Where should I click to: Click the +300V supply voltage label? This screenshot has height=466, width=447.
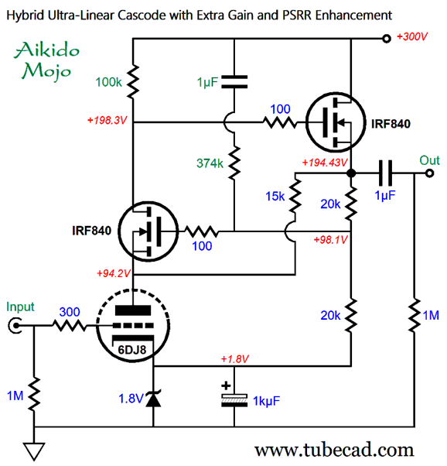point(412,37)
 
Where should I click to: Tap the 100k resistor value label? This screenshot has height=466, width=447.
point(108,82)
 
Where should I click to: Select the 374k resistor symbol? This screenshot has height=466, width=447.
point(234,163)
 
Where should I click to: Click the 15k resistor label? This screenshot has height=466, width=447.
point(275,196)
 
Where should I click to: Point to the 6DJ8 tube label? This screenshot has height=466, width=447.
point(132,350)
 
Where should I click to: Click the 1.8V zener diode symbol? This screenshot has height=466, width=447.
point(153,398)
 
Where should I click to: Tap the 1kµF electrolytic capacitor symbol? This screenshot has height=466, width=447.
point(234,397)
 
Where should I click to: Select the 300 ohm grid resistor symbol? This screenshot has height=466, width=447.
point(70,326)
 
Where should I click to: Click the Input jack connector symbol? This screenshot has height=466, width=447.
point(15,326)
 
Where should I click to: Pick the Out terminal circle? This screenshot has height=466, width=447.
point(429,173)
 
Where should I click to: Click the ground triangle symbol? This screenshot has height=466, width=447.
point(34,451)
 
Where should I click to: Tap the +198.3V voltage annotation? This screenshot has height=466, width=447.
point(107,120)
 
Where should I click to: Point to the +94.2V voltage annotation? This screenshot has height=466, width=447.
point(114,273)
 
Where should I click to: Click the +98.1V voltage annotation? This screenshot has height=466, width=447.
point(330,239)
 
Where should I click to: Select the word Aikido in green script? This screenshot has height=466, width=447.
point(47,50)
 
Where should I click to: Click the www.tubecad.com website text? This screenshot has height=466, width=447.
point(334,450)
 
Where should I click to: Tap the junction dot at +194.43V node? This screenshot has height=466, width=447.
point(351,173)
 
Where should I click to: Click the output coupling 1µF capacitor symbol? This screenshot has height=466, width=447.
point(385,173)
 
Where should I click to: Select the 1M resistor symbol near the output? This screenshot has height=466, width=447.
point(415,315)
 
